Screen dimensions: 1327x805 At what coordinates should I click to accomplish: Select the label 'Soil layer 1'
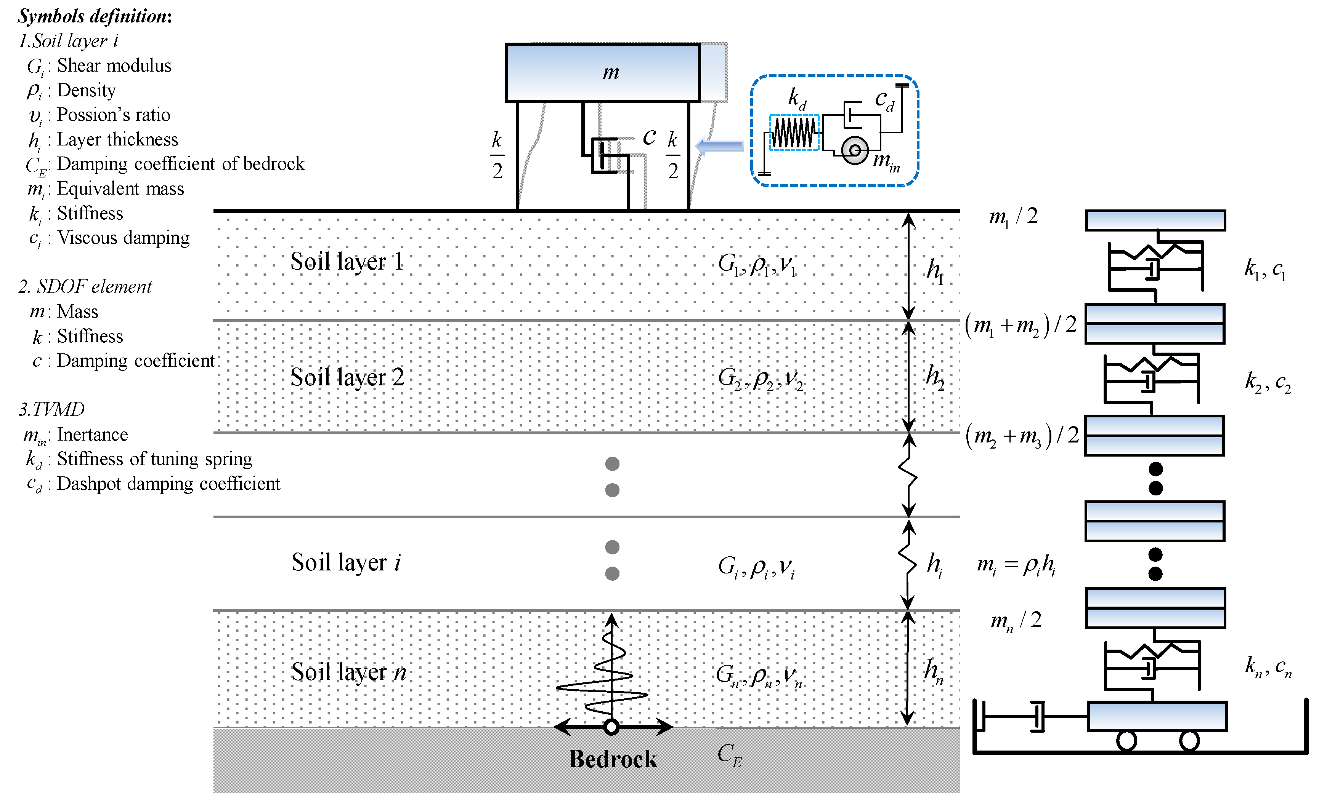click(x=347, y=262)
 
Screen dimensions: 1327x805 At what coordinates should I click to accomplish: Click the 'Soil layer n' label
click(x=348, y=672)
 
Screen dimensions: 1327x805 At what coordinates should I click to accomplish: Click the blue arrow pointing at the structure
click(x=719, y=146)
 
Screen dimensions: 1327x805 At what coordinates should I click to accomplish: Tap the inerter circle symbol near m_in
click(x=855, y=150)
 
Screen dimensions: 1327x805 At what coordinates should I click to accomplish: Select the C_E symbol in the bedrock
click(x=729, y=755)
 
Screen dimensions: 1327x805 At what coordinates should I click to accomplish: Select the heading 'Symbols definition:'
click(x=95, y=16)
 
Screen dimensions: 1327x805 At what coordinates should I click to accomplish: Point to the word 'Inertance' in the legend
click(x=93, y=434)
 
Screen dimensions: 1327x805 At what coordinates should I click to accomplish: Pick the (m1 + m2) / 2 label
click(x=1021, y=325)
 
